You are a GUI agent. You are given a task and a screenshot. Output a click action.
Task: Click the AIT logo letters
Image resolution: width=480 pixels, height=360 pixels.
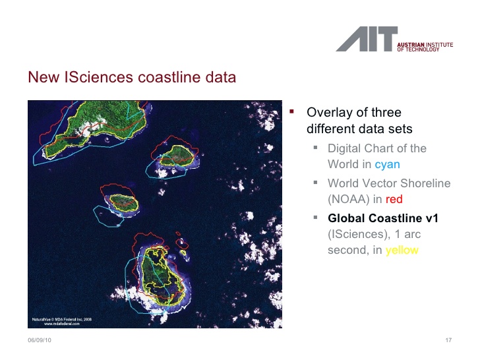(367, 39)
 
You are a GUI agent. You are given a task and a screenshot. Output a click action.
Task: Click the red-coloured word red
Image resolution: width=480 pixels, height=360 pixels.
(393, 199)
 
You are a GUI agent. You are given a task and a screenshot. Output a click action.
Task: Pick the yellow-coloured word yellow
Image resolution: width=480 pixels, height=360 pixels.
(402, 250)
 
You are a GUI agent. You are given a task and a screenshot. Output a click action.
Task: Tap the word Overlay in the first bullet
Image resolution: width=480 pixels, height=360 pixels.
(328, 113)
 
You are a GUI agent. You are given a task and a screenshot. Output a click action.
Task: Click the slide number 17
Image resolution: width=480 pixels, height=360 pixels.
(448, 340)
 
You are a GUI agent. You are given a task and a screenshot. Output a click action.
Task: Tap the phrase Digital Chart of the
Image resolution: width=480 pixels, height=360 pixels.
(376, 148)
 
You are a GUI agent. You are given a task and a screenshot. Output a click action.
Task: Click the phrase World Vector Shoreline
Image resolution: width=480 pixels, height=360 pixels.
(389, 183)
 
